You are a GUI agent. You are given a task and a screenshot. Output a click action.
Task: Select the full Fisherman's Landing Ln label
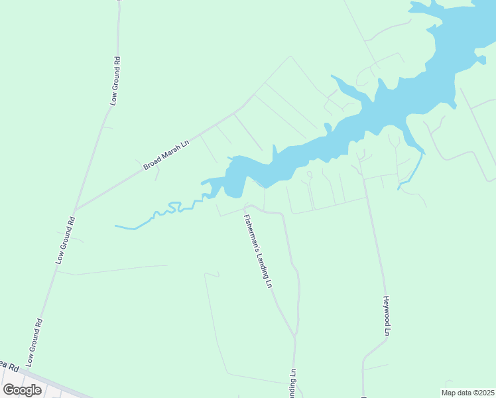coord(259,251)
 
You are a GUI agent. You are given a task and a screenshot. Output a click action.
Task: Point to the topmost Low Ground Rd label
coord(115,81)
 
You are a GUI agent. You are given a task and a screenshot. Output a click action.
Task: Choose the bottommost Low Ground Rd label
coord(35,343)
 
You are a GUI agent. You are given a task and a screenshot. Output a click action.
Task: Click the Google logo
coord(23,390)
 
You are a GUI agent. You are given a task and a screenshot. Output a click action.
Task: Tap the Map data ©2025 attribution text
coord(467,393)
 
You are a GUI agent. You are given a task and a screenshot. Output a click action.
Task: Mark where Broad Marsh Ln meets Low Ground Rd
coord(74,210)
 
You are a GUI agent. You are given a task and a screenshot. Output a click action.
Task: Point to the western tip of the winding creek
coord(116,226)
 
